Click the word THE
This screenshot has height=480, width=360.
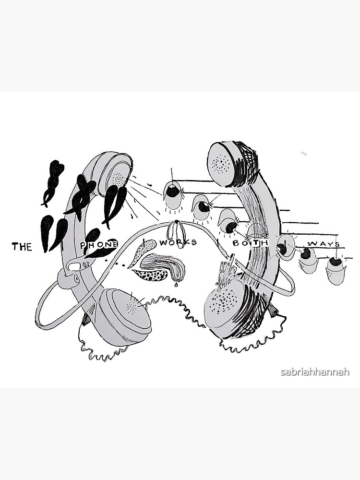(22, 247)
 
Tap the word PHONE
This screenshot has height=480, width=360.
(99, 244)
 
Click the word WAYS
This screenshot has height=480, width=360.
(324, 244)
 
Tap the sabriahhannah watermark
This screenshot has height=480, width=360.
(315, 372)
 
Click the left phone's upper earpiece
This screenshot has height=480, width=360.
(116, 173)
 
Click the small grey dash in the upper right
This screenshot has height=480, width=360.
(303, 154)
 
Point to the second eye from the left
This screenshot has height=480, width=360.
(202, 206)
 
